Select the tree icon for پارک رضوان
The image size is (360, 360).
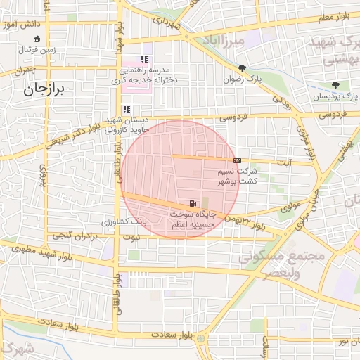tap(242, 68)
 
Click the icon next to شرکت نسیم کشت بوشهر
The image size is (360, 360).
tap(237, 160)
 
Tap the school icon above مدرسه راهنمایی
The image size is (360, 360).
tap(144, 60)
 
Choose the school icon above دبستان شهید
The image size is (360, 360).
tap(127, 109)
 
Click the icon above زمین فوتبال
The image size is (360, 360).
tap(37, 39)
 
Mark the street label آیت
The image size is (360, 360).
tap(286, 162)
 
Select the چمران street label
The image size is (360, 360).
tap(23, 70)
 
